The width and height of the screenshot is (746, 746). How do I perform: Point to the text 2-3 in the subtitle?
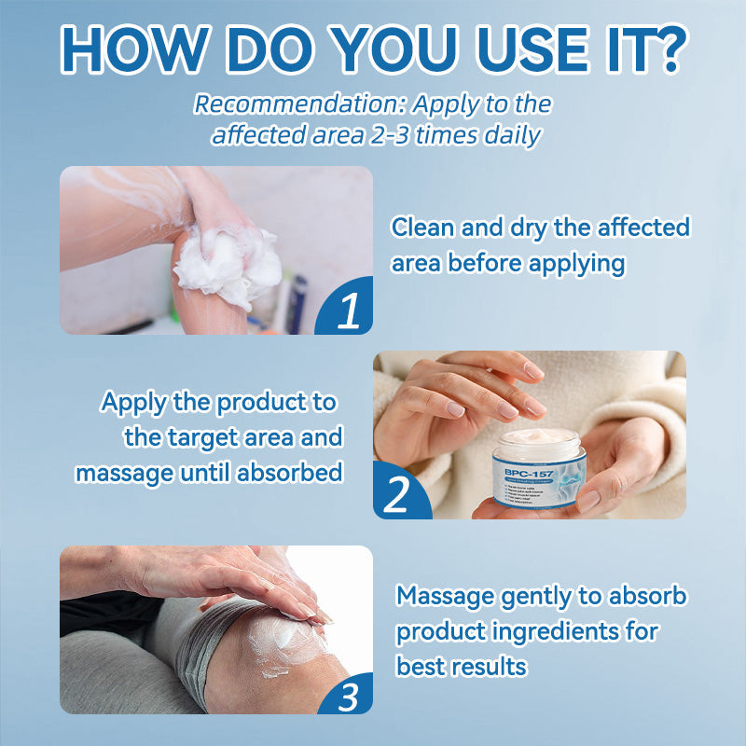coord(394,134)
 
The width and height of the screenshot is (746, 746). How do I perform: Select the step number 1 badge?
coord(348,311)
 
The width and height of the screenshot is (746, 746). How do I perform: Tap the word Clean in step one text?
coord(419,228)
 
